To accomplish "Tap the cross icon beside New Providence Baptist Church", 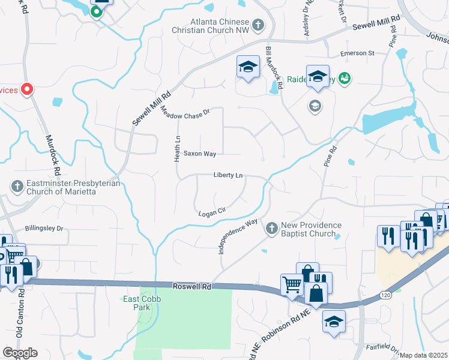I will pos(271,229).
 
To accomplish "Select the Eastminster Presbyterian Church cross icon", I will pos(17,187).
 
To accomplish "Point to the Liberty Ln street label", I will pos(228,175).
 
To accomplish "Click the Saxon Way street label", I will pos(200,154).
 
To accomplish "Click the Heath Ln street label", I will pos(178,147).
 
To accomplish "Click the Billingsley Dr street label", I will pos(44,229).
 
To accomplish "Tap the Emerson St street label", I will pos(357,53).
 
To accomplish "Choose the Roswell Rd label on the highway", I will pos(191,287).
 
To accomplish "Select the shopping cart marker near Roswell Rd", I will pos(292,284).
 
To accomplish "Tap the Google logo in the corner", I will pos(20,353).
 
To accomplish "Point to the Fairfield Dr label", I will pos(412,347).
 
